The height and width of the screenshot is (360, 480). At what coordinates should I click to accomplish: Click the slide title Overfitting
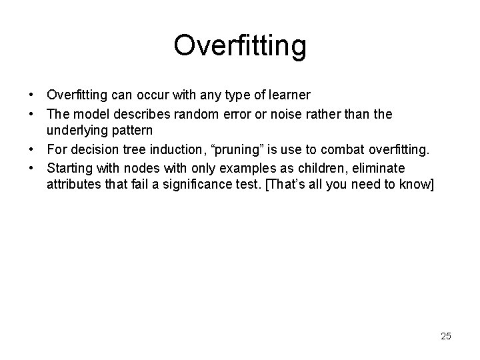click(240, 46)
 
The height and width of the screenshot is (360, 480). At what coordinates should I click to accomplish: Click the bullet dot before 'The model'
click(33, 115)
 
